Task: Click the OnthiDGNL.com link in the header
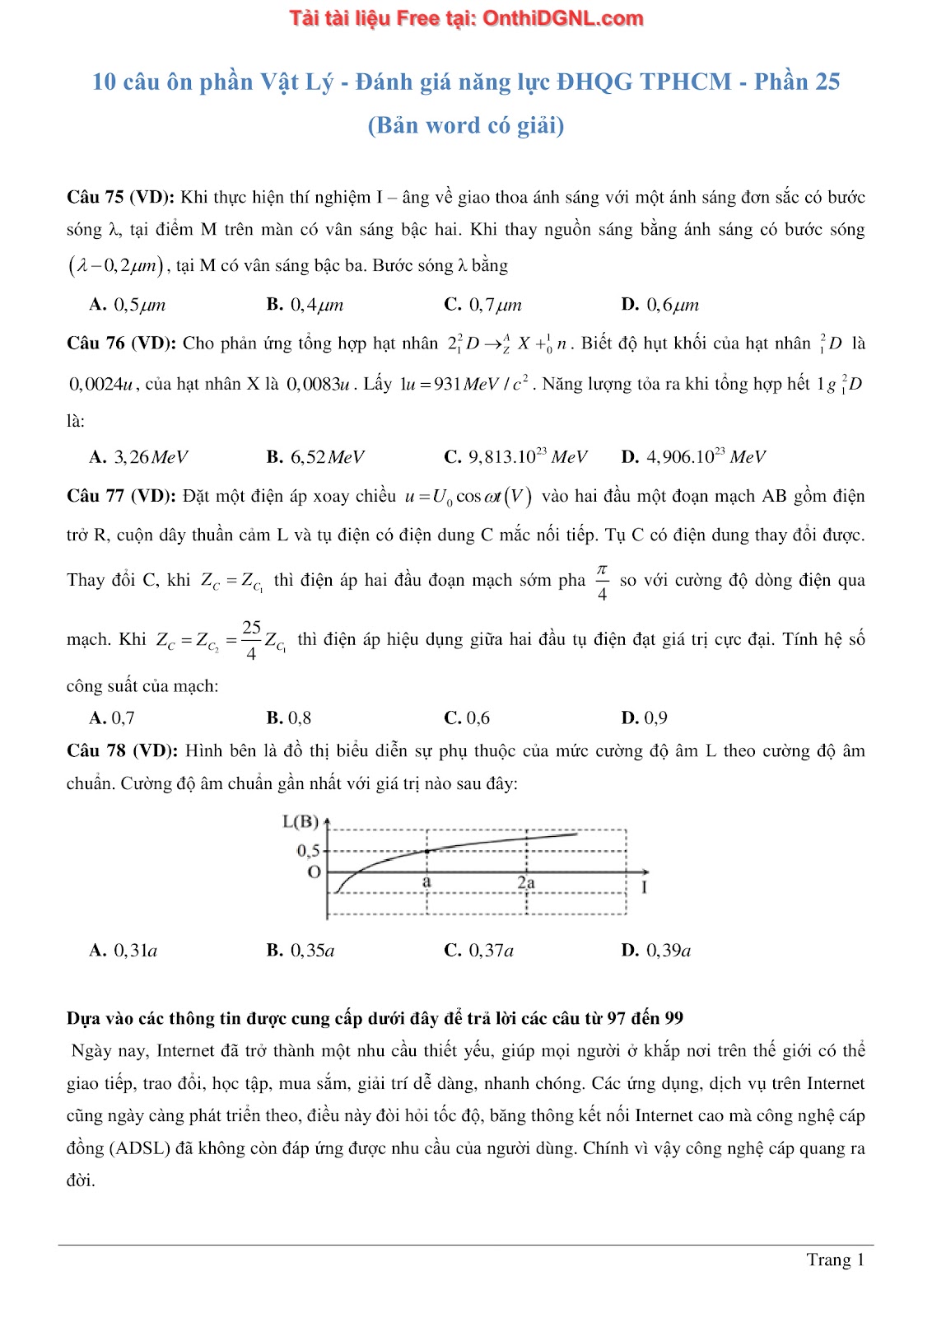[x=562, y=18]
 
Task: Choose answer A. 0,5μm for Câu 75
[x=128, y=305]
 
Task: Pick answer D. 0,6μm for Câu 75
[x=660, y=305]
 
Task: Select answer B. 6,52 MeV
[x=315, y=457]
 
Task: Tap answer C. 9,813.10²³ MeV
[x=515, y=457]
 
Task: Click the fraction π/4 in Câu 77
[x=602, y=581]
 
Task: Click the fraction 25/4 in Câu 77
[x=251, y=640]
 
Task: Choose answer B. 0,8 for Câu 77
[x=289, y=718]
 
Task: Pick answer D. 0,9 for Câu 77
[x=645, y=718]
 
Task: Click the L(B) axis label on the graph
[x=300, y=821]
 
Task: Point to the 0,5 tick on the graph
[x=308, y=850]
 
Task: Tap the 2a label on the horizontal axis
[x=526, y=882]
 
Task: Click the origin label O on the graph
[x=313, y=872]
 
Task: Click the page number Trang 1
[x=835, y=1260]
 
